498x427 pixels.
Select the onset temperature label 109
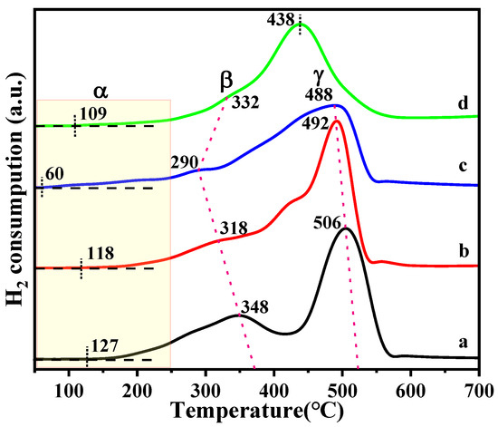point(94,113)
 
